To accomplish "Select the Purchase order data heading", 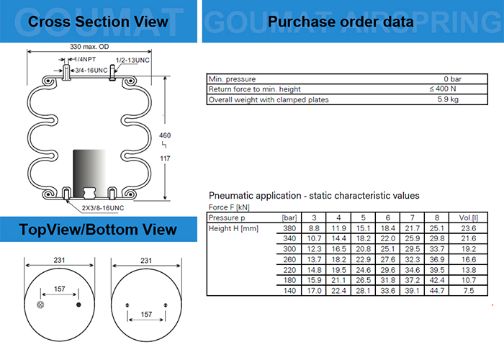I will point(341,22).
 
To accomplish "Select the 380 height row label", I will point(290,228).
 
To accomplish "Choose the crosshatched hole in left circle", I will point(40,305).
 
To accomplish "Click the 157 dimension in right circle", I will point(146,315).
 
